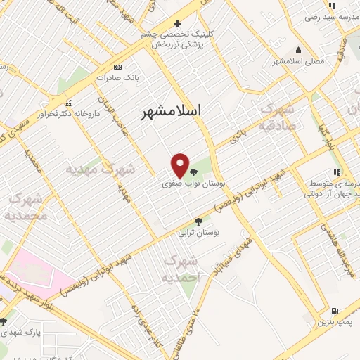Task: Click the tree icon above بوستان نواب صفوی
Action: tap(193, 171)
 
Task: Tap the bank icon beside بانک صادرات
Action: tap(117, 67)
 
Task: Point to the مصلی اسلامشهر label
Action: tap(299, 61)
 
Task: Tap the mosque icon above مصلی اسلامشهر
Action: tap(299, 51)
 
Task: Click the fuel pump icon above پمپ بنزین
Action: tap(334, 311)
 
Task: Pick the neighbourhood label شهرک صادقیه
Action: tap(276, 117)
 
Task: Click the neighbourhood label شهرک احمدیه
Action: tap(181, 269)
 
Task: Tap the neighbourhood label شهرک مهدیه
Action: tap(100, 169)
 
